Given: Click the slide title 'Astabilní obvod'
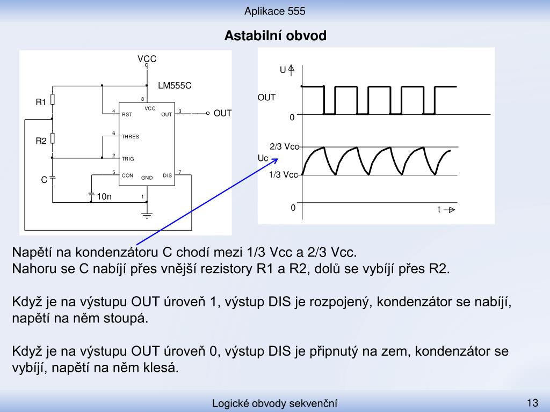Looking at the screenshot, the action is (276, 36).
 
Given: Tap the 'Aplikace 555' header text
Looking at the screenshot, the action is (274, 11).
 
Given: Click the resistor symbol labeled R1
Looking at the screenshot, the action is (53, 100).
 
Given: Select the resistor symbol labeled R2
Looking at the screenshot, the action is (53, 138).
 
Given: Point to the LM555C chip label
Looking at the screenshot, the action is (175, 86).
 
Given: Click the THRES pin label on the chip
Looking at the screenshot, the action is (130, 137).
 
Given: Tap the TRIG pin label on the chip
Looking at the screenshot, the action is (128, 159).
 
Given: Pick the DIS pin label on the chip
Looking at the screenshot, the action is (168, 175).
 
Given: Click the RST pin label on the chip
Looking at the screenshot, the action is (127, 115).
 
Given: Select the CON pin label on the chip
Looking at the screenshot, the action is (127, 175).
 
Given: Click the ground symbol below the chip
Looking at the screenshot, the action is (147, 216).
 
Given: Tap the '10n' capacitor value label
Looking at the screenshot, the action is (104, 196).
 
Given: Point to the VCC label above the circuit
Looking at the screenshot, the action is (147, 59).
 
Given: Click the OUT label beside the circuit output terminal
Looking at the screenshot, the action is (222, 114).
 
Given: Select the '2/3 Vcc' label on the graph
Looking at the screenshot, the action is (284, 146).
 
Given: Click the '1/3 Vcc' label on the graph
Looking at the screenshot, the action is (284, 174).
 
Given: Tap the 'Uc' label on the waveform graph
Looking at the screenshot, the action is (263, 158).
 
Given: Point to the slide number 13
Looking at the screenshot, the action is (532, 402).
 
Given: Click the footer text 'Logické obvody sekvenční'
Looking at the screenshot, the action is (274, 403).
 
